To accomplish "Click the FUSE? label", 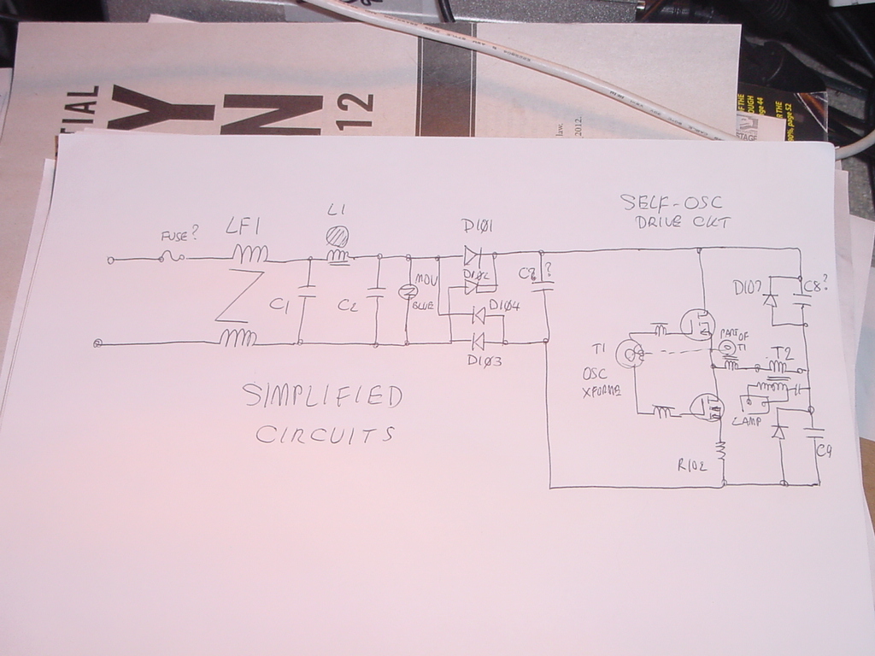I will (180, 235).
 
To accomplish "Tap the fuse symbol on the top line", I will (172, 256).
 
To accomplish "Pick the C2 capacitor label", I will (348, 305).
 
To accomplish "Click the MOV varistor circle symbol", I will (408, 292).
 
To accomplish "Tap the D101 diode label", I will (479, 227).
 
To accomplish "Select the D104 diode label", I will (506, 305).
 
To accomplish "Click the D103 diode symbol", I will (477, 343).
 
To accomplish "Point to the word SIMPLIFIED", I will (321, 396).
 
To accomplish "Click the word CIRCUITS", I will (326, 435).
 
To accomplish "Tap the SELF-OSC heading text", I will (671, 203).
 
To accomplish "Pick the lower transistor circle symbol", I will (706, 407).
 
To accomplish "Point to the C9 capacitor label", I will (824, 451).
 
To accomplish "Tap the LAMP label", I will (745, 420).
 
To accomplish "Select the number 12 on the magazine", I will (360, 110).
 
